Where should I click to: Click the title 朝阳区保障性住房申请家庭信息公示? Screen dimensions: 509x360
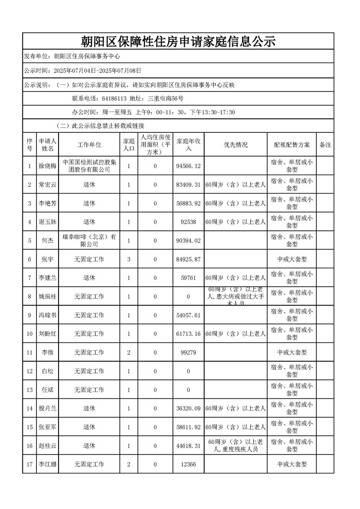coord(178,42)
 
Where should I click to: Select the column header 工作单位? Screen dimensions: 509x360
coord(89,145)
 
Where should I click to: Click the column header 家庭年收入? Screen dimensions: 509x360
coord(189,145)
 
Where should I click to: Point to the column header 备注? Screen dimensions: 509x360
coord(325,145)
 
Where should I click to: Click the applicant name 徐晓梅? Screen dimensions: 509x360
coord(48,167)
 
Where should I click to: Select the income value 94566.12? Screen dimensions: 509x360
coord(189,167)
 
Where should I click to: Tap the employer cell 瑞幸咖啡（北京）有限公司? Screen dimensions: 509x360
coord(89,240)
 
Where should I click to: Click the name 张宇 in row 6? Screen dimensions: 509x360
coord(48,259)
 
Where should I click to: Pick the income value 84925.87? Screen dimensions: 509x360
coord(189,259)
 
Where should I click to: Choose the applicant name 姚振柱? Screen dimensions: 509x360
coord(48,297)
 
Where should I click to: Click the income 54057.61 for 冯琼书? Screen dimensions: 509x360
coord(189,315)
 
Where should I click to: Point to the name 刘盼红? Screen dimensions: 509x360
coord(48,333)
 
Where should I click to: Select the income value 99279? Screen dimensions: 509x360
coord(188,352)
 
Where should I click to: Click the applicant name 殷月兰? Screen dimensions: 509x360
coord(48,408)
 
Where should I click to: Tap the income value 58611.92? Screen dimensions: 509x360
coord(189,427)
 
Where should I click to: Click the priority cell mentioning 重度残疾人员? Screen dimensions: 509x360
coord(235,446)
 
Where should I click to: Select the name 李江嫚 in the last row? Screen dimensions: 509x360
coord(48,464)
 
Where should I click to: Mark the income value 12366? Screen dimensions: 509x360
coord(188,464)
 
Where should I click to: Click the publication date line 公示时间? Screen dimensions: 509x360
coord(83,70)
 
